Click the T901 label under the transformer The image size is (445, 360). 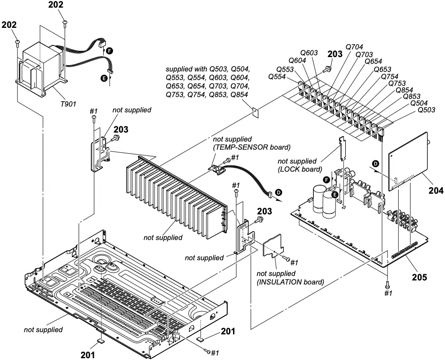pos(68,102)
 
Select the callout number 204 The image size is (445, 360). pos(436,191)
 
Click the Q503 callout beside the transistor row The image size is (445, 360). pos(426,110)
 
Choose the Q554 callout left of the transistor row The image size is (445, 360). pos(277,77)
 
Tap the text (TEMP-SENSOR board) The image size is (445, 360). pos(252,147)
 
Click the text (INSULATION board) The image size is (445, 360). pos(290,282)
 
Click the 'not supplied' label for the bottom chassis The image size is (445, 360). pos(43,329)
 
